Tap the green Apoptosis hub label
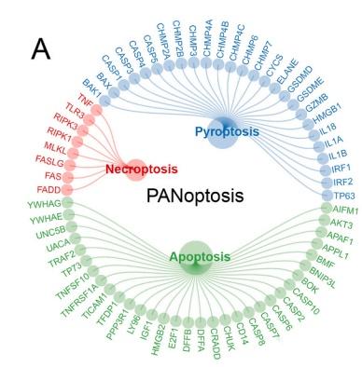tap(195, 256)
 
